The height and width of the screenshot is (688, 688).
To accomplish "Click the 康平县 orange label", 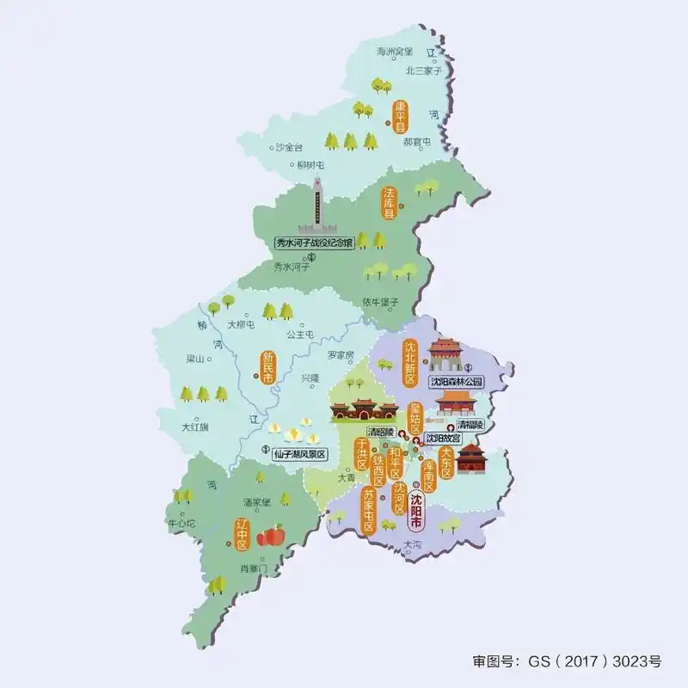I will click(x=399, y=117).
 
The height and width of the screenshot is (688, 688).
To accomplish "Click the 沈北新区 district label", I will click(x=410, y=362).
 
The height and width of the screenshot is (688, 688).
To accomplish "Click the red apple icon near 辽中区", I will click(x=272, y=535).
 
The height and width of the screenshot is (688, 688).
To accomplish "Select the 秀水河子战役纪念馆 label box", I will click(x=314, y=243).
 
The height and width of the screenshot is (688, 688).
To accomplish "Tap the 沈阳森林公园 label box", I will click(x=458, y=380).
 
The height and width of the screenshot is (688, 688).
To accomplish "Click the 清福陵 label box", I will click(x=470, y=425).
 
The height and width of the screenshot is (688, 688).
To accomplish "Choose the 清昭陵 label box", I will click(x=379, y=431).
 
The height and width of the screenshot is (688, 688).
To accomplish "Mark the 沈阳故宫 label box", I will click(x=443, y=438).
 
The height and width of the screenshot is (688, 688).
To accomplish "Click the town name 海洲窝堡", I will click(x=395, y=52).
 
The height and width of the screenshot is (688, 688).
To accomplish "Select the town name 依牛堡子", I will click(x=381, y=302).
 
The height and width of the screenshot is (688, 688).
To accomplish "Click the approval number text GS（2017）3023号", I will click(x=568, y=661).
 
